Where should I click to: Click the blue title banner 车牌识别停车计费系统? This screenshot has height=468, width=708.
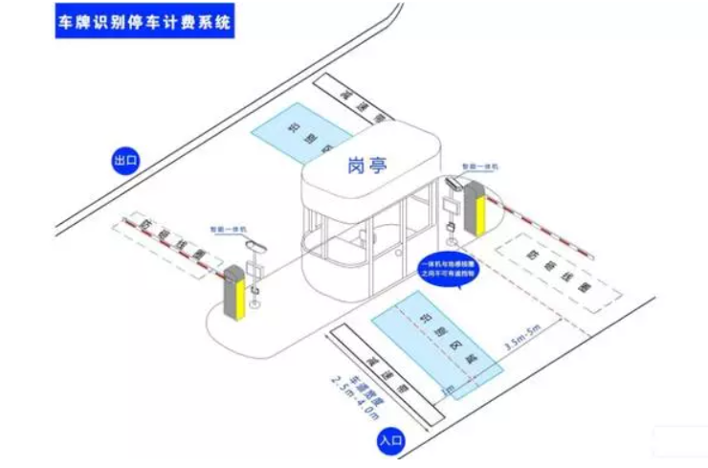(x=142, y=20)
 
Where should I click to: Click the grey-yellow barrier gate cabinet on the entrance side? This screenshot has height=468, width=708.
(x=476, y=212)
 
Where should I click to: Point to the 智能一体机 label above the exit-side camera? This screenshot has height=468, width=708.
(x=229, y=231)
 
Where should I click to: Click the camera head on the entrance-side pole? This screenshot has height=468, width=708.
(x=454, y=183)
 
